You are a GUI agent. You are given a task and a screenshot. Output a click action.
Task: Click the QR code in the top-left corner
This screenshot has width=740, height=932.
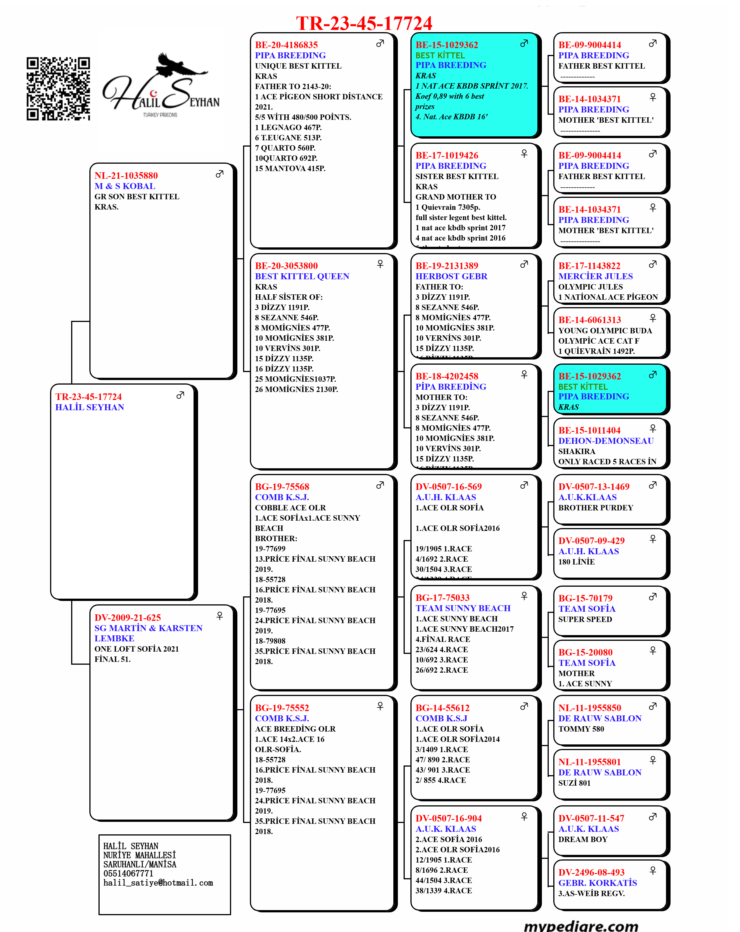58,89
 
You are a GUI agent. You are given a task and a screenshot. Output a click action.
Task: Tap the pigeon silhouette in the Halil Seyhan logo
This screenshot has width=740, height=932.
178,65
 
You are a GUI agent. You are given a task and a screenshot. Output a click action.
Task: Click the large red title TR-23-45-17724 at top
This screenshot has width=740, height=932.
364,23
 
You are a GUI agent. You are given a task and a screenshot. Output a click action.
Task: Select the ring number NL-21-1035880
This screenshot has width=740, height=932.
126,176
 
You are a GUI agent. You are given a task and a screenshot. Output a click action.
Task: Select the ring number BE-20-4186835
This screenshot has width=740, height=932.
286,45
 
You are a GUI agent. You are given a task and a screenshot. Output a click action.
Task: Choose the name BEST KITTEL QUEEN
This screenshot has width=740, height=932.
302,276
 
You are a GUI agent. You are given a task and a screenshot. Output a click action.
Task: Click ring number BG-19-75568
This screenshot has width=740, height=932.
282,487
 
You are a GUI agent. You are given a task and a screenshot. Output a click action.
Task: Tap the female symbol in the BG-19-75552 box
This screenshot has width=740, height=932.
380,706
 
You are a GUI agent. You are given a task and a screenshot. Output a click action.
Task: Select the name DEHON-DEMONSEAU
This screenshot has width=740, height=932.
606,441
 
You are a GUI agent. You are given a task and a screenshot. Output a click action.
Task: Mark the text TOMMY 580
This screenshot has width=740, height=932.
581,729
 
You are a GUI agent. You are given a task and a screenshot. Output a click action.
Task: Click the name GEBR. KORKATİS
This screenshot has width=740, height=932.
597,883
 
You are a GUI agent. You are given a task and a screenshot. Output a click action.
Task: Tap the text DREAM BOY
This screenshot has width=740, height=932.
583,839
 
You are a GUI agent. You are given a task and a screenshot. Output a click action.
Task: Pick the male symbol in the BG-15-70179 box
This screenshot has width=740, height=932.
653,597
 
